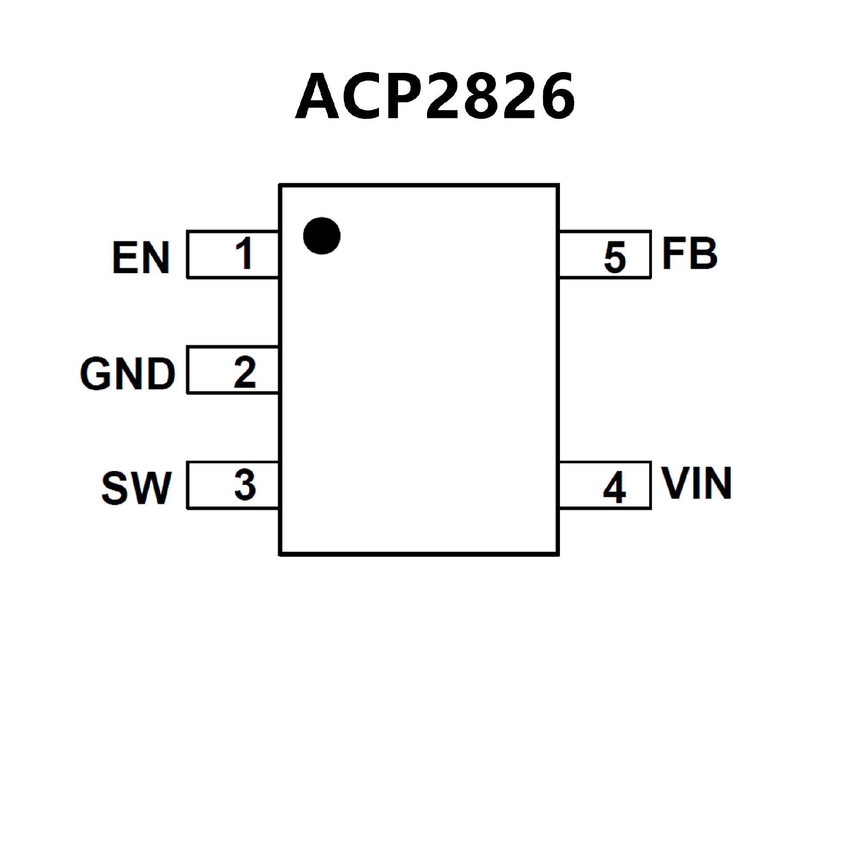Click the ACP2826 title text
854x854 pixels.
click(x=435, y=96)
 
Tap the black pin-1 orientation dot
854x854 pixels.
click(x=322, y=236)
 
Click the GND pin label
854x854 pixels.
click(x=128, y=374)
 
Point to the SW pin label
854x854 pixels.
click(x=137, y=488)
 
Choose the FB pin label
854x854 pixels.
click(x=689, y=254)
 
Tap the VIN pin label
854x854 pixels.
click(x=697, y=483)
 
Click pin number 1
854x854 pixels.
click(x=244, y=253)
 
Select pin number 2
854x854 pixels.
click(x=245, y=372)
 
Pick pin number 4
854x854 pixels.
click(x=615, y=487)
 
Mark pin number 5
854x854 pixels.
click(x=615, y=257)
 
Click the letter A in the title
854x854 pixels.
click(x=317, y=96)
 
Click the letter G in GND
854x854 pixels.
click(x=96, y=374)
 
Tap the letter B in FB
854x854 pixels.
click(x=703, y=254)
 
